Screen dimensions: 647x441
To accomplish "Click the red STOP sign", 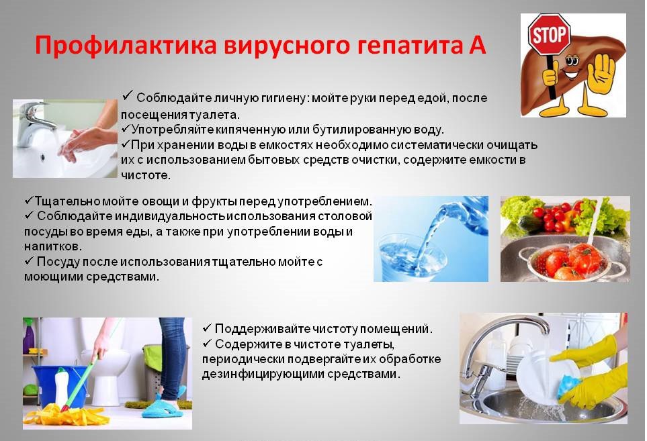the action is pyautogui.click(x=549, y=34).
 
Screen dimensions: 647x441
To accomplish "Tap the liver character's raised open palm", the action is pyautogui.click(x=601, y=75).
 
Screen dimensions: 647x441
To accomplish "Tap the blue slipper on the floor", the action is pyautogui.click(x=164, y=406).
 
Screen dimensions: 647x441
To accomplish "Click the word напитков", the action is pyautogui.click(x=53, y=246).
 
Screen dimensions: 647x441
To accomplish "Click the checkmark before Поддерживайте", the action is pyautogui.click(x=207, y=328).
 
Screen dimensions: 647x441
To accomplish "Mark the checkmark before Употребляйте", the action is pyautogui.click(x=126, y=129).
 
